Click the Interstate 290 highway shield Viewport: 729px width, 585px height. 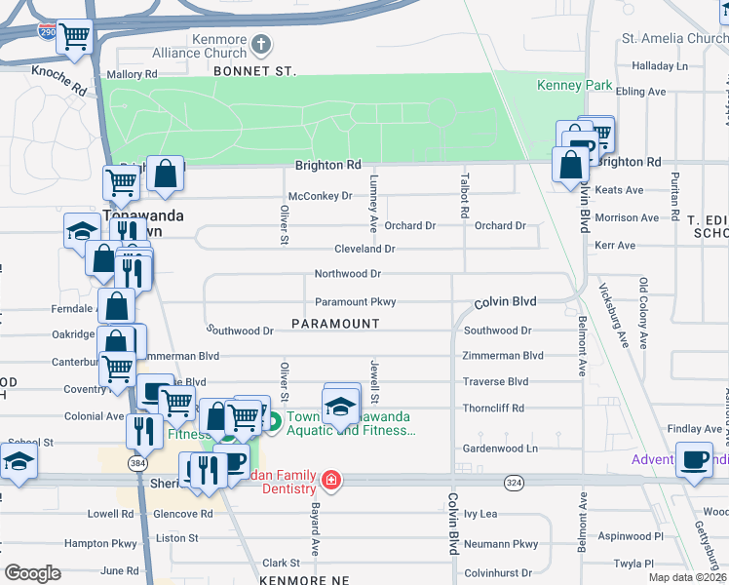47,31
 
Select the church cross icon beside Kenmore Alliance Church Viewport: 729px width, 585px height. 260,44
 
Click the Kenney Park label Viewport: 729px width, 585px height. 575,85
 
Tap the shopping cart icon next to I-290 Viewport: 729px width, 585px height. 74,37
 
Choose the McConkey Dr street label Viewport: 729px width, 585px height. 320,196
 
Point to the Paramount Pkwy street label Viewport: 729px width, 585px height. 355,302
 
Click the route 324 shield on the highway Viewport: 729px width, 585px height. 514,483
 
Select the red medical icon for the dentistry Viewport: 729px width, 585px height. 331,480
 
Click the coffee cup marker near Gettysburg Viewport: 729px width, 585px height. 695,459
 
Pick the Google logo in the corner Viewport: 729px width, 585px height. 32,573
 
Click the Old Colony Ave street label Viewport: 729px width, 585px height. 643,313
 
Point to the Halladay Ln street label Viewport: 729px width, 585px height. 660,66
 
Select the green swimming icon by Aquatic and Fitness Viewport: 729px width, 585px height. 274,422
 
